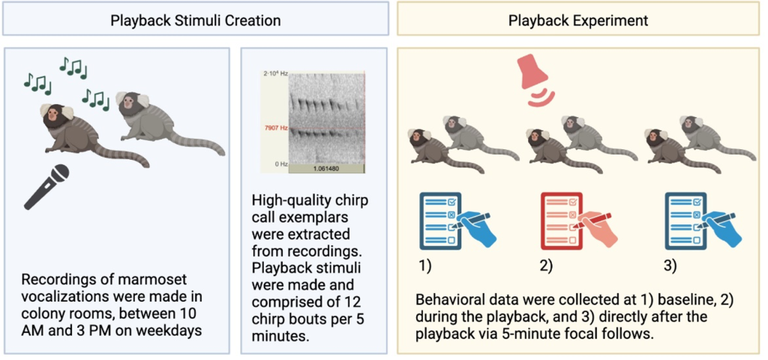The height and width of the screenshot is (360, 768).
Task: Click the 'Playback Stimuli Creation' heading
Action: [196, 20]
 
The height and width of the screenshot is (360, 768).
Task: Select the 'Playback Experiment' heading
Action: [578, 20]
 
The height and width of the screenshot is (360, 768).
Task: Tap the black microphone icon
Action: [46, 187]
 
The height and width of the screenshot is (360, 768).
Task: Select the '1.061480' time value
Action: [326, 169]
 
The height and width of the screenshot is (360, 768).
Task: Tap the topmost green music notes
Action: [73, 67]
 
